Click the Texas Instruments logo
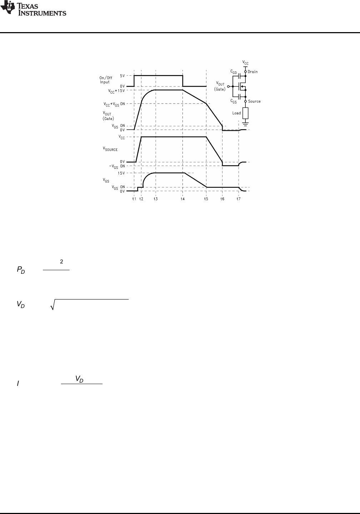(33, 9)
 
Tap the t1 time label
(134, 199)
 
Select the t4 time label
(183, 199)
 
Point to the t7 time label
(239, 199)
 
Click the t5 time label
(206, 199)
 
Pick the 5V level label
(122, 76)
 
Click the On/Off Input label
(106, 80)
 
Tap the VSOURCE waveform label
(110, 149)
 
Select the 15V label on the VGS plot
(121, 173)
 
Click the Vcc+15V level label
(116, 91)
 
